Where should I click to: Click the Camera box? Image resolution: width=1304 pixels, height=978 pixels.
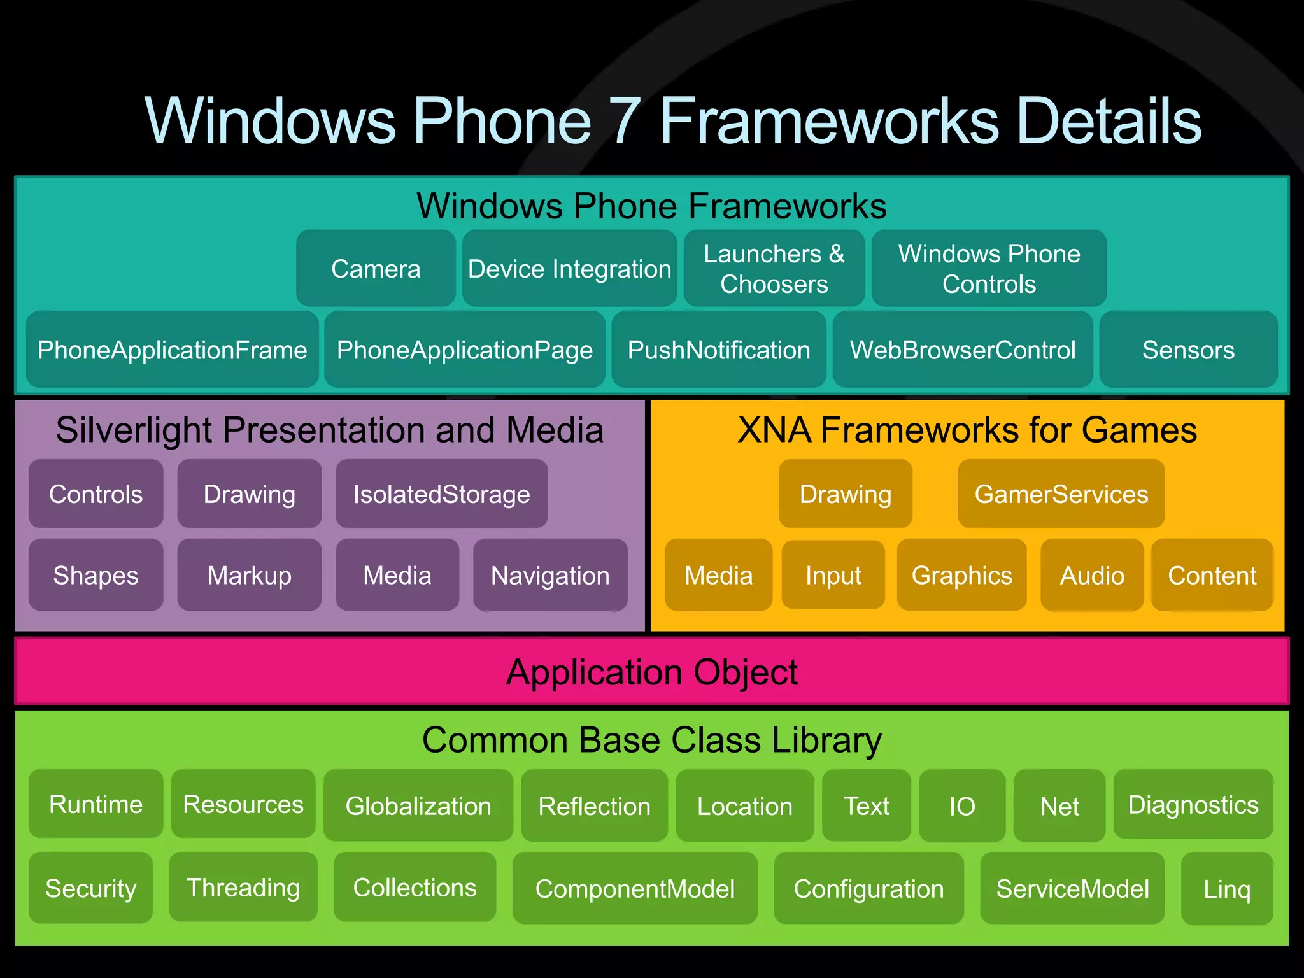[x=376, y=269]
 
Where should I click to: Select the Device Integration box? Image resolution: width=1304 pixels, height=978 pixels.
[x=569, y=269]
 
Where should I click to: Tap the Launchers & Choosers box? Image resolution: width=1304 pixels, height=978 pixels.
[x=774, y=269]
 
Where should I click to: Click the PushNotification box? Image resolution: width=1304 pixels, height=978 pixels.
[x=719, y=350]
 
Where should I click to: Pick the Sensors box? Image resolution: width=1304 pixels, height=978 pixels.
[x=1188, y=350]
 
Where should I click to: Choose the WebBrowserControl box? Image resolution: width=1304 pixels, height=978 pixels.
[x=963, y=350]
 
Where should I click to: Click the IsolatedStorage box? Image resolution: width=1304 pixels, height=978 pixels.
[x=441, y=494]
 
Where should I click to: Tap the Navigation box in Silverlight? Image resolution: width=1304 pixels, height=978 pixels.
[x=550, y=575]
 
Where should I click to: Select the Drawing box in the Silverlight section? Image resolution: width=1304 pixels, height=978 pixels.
[x=249, y=494]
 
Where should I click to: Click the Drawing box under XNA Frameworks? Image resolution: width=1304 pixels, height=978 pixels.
[x=845, y=494]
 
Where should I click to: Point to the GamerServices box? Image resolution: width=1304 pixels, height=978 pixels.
[x=1061, y=494]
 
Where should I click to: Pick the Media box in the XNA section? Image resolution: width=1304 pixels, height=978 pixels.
[x=718, y=575]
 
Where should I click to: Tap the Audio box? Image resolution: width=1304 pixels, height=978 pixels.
[x=1092, y=575]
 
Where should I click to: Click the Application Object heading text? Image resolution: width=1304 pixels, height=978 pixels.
[x=651, y=672]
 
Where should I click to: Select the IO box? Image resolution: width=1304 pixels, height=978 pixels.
[x=961, y=806]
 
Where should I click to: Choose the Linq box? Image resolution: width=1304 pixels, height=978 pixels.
[x=1226, y=889]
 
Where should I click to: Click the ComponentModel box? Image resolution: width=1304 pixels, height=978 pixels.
[x=635, y=889]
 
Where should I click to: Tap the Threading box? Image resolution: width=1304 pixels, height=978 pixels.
[x=243, y=888]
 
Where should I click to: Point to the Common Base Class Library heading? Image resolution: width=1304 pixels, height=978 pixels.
[x=651, y=740]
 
